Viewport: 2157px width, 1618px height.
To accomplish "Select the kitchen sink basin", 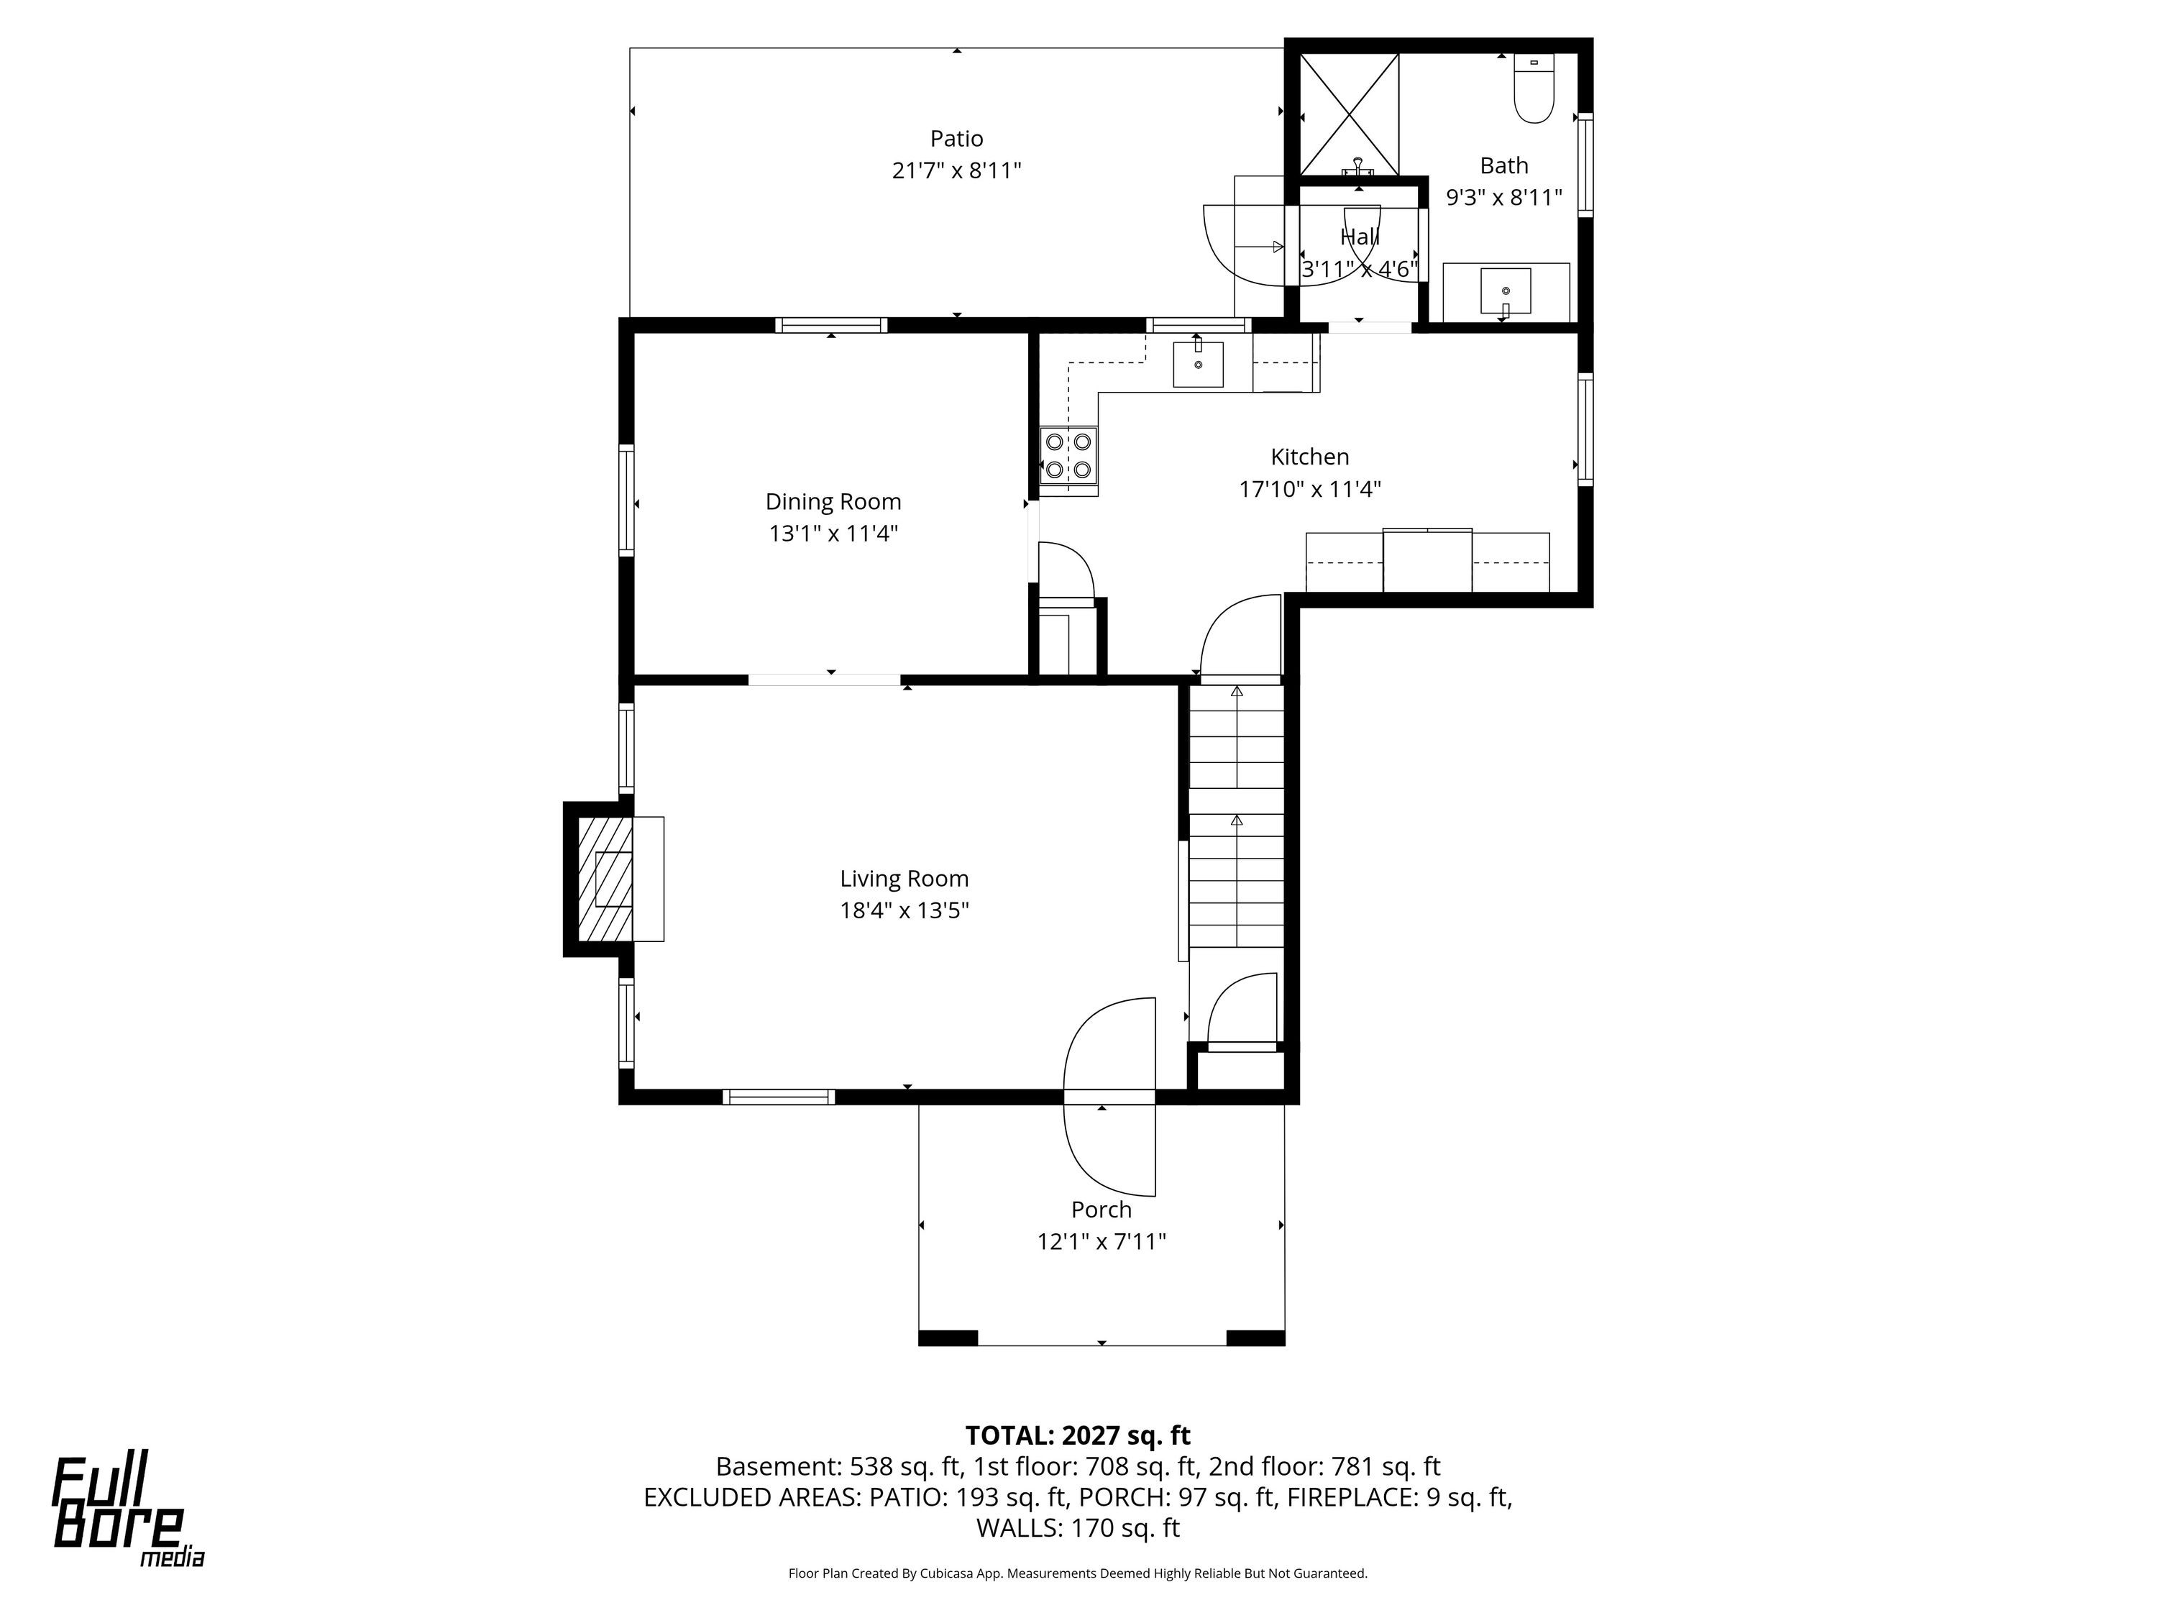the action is click(x=1197, y=364).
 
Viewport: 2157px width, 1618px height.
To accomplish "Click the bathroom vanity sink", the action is click(x=1506, y=291).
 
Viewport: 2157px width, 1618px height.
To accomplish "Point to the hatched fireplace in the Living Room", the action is click(x=605, y=879).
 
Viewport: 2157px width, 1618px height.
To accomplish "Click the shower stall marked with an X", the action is click(x=1350, y=115).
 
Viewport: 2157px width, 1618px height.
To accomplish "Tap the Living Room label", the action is click(x=904, y=879).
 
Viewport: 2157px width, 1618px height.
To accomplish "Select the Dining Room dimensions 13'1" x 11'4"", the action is click(x=833, y=534).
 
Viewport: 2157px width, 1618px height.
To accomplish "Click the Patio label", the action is click(x=956, y=139).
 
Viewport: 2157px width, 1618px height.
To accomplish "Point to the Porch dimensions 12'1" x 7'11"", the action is click(x=1102, y=1241).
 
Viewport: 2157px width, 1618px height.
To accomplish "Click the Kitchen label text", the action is click(x=1309, y=457).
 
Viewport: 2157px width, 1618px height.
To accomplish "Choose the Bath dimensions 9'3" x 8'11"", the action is click(x=1503, y=197).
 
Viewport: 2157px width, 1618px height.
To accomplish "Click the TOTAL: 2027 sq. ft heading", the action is click(x=1078, y=1435).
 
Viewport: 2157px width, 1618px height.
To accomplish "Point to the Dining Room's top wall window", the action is click(x=831, y=326).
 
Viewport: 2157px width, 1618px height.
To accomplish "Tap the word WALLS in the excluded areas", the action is click(x=1016, y=1527).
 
